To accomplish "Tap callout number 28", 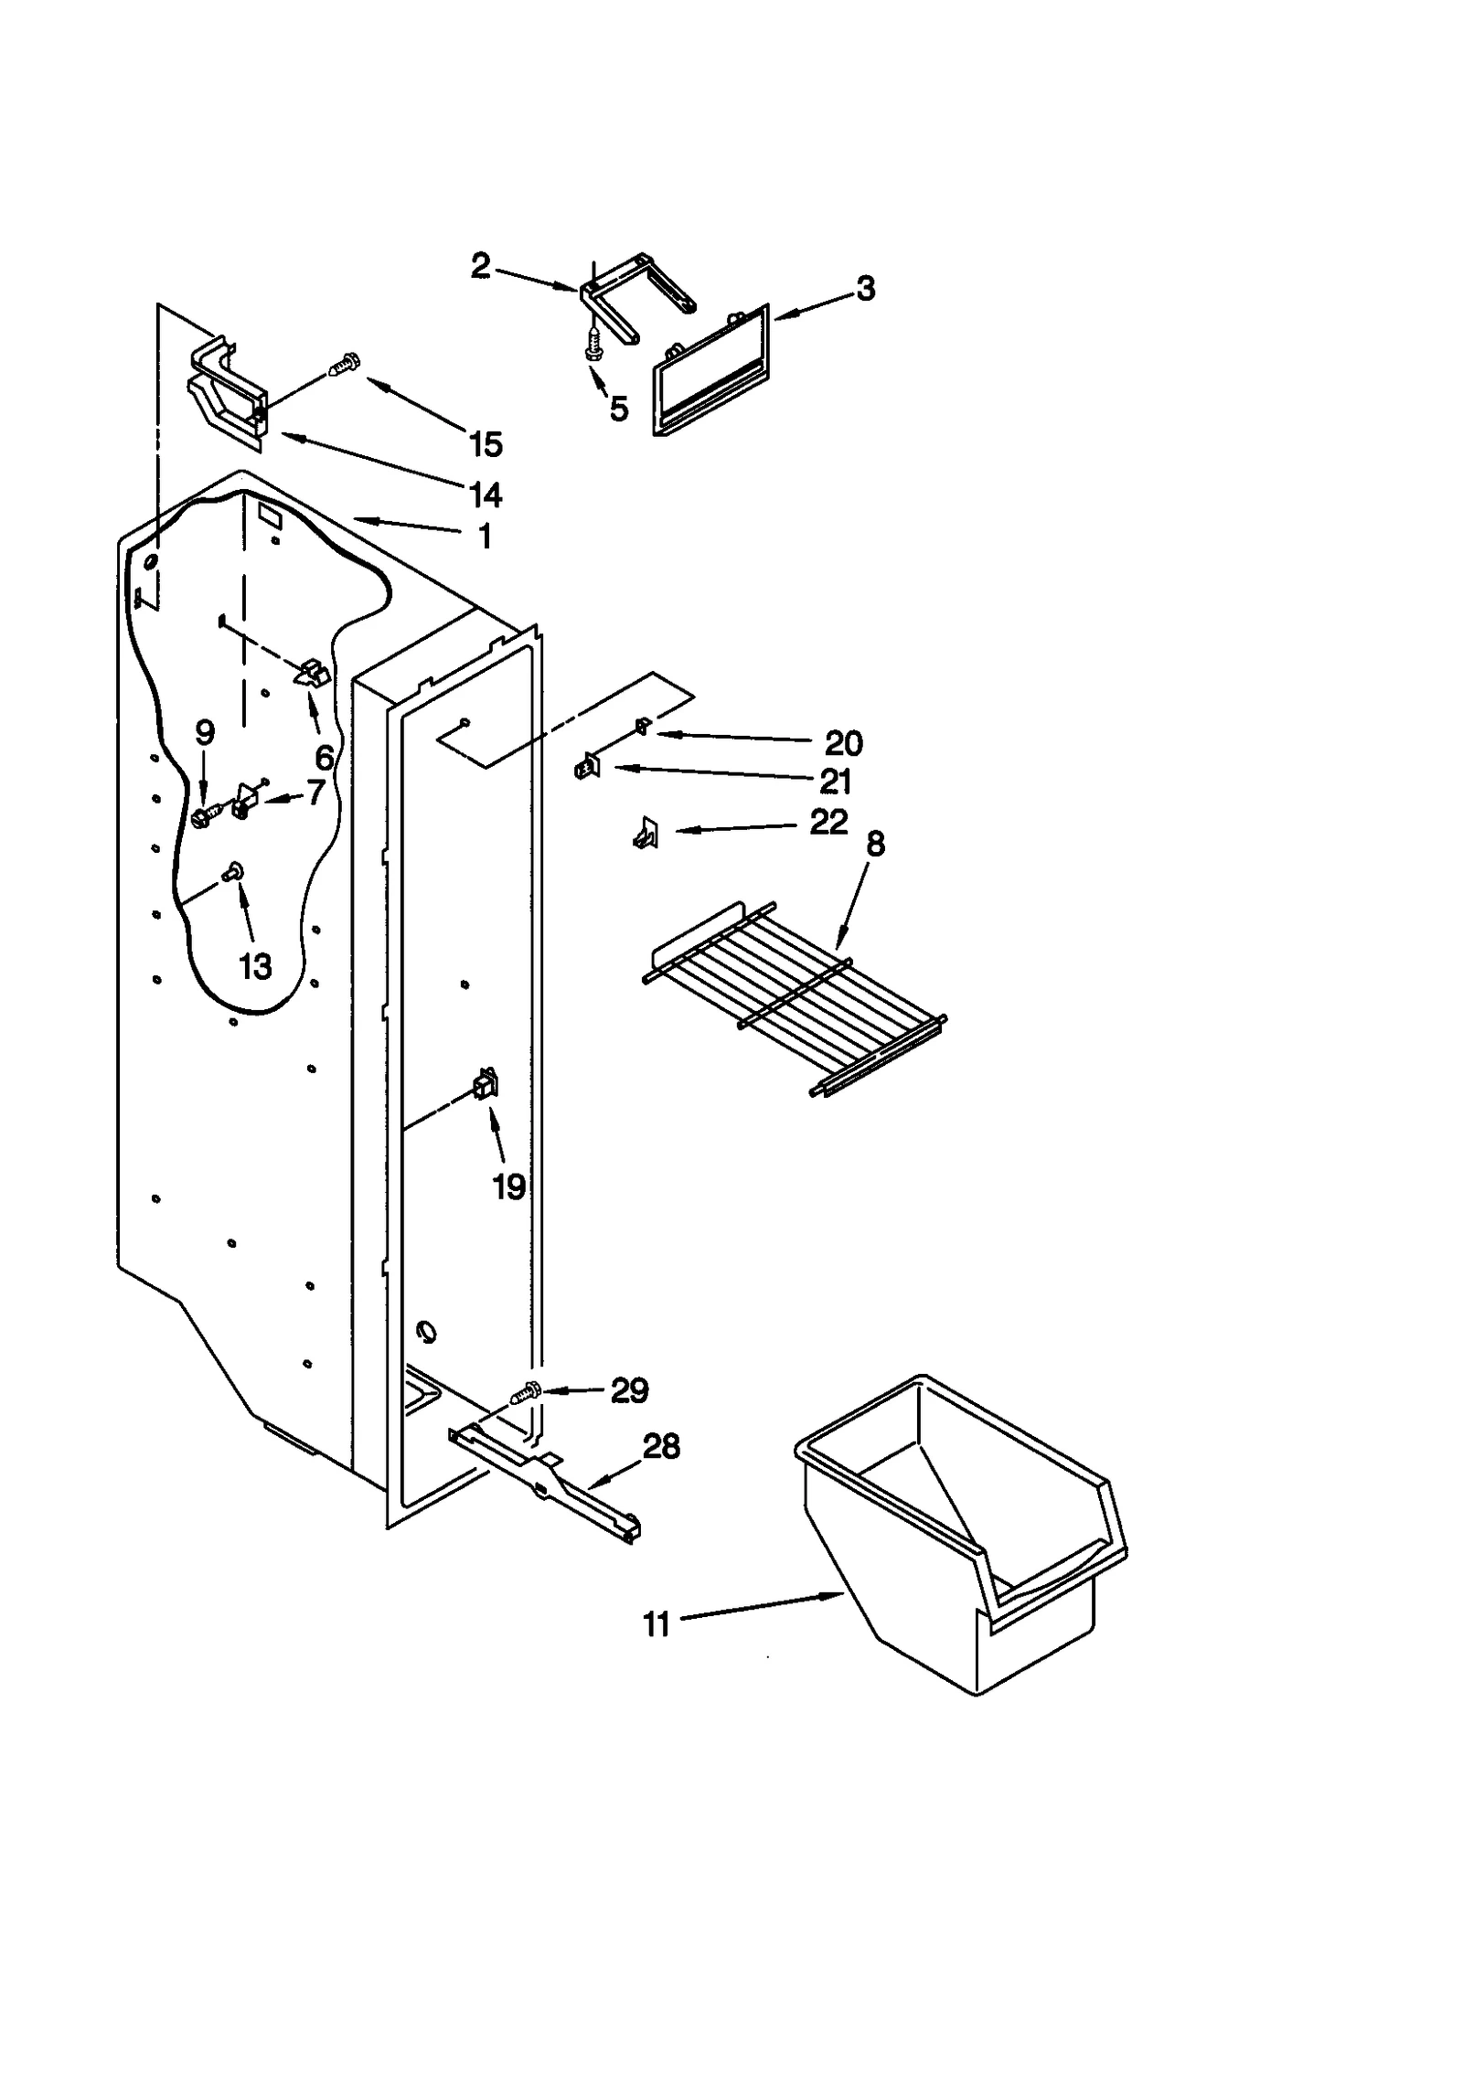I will coord(661,1446).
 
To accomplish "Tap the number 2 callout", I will coord(481,266).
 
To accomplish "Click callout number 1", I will coord(485,536).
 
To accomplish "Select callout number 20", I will coord(843,743).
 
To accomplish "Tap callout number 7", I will coord(315,792).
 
